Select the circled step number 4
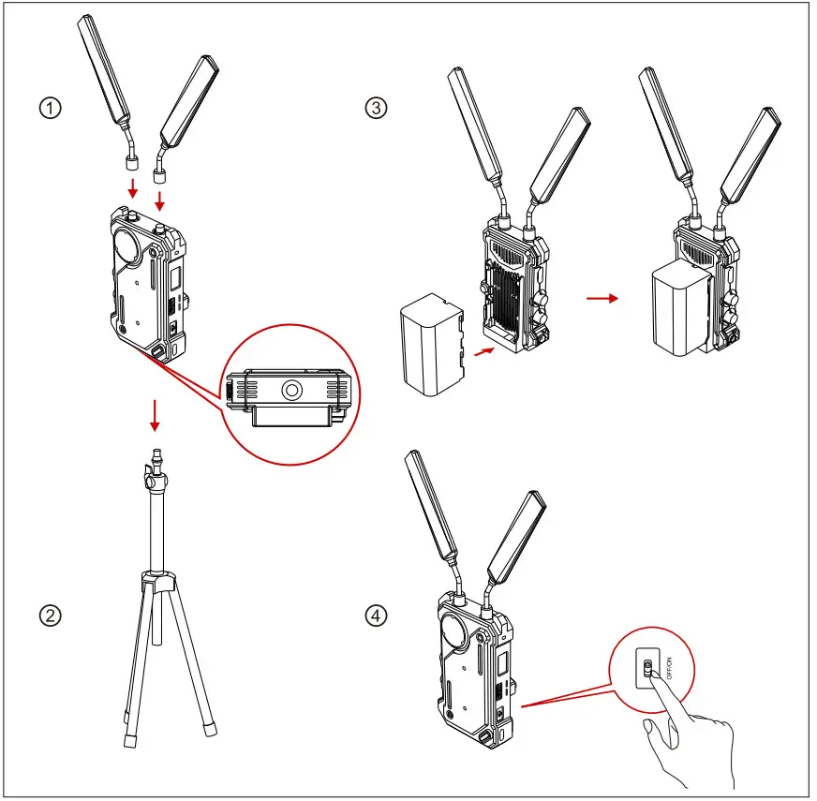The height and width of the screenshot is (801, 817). coord(376,616)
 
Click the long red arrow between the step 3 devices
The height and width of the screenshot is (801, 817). coord(602,299)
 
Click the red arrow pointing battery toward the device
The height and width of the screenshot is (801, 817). coord(483,351)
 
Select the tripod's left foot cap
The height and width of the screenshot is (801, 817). coord(129,740)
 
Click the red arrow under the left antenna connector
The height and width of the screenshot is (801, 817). coord(133,188)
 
